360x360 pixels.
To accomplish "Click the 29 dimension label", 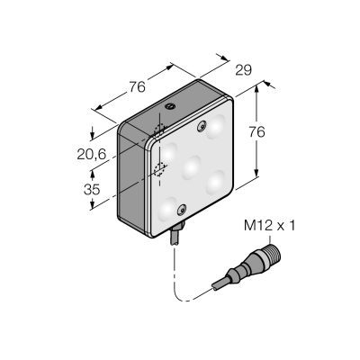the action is (243, 70).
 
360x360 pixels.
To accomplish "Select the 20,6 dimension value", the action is (92, 155).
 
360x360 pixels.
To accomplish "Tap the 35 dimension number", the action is (92, 190).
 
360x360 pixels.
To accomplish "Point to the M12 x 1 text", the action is (269, 226).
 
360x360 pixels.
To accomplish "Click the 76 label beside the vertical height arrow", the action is (256, 132).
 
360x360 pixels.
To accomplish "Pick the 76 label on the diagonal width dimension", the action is (138, 86).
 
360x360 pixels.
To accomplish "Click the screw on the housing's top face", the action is (170, 106).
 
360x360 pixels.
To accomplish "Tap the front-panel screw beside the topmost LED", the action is (202, 127).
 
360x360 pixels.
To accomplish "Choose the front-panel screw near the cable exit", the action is (182, 211).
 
